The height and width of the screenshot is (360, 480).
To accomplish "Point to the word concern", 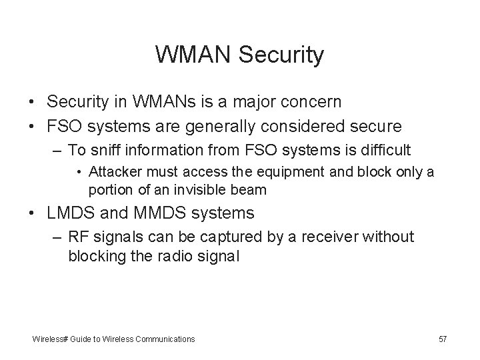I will (x=307, y=101).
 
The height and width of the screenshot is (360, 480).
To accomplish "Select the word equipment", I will (x=258, y=172).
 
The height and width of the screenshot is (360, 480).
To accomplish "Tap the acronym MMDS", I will (x=151, y=213).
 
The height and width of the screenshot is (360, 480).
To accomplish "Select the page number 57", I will (x=443, y=339).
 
